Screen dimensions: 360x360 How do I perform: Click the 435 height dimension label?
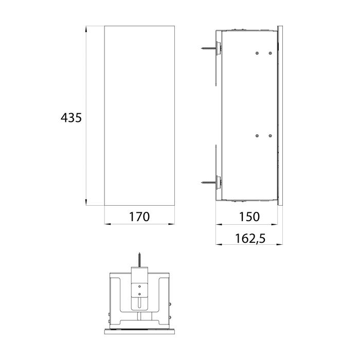(71, 118)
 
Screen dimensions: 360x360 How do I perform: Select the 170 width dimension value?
(139, 217)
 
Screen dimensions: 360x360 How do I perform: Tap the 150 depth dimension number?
(249, 217)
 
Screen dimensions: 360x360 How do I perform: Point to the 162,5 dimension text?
(250, 238)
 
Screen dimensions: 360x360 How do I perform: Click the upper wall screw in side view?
(208, 48)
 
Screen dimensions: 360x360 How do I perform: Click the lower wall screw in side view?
(208, 183)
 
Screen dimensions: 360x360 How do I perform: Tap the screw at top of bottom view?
(139, 260)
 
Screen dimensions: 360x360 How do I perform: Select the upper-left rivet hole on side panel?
(257, 53)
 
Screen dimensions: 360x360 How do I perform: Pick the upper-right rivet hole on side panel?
(270, 53)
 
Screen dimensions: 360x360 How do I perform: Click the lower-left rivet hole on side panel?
(257, 136)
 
